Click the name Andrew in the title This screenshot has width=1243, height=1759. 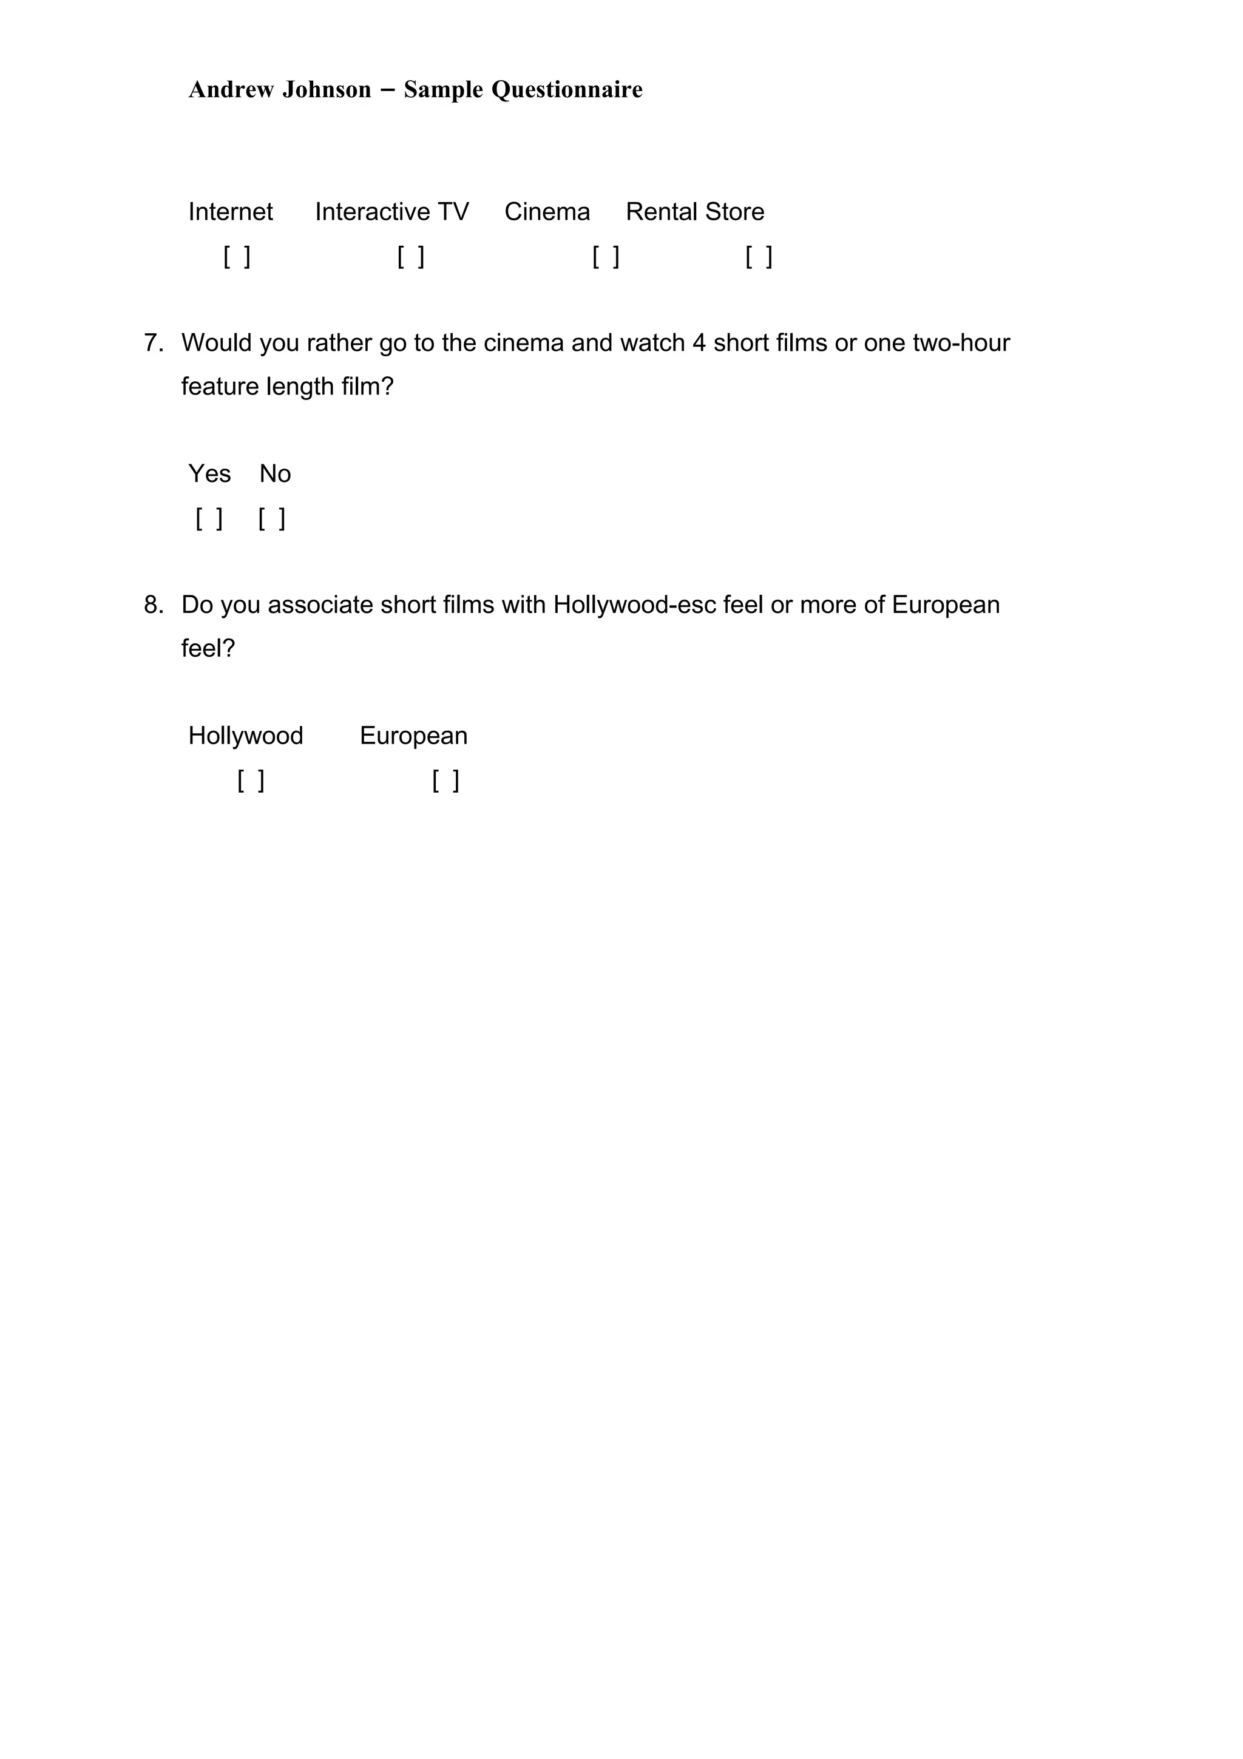[x=231, y=90]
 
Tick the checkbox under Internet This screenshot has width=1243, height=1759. [x=237, y=257]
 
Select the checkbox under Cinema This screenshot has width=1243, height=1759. [x=605, y=257]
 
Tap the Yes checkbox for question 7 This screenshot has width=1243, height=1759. [x=209, y=519]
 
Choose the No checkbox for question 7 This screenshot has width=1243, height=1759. [x=271, y=519]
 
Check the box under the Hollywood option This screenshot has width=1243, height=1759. [x=251, y=781]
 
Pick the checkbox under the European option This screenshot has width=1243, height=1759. [x=445, y=781]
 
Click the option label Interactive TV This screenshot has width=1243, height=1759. [x=391, y=211]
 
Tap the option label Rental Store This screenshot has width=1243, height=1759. [x=695, y=211]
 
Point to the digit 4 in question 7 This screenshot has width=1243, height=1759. [x=699, y=342]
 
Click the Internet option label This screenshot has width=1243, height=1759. [x=231, y=211]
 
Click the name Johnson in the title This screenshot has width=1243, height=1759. [x=327, y=90]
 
